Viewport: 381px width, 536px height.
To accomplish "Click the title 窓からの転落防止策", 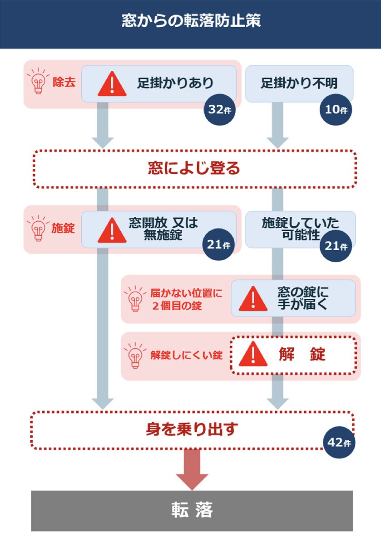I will pos(191,21).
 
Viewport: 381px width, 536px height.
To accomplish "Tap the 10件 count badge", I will pos(336,110).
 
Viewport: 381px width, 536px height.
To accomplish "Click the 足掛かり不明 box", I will pos(299,83).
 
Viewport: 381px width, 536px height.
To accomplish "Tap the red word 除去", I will pos(64,83).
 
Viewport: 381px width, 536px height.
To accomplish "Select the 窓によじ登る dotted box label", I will pos(194,169).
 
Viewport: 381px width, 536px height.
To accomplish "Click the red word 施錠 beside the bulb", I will pos(64,229).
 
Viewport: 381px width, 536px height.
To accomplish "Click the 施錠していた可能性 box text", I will pos(300,229).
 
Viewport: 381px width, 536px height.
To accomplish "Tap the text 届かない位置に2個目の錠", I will pos(186,299).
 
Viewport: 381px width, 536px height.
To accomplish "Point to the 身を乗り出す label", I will pos(192,429).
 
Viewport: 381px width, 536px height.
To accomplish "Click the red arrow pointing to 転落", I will pos(192,469).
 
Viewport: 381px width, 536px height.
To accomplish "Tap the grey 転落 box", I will pos(192,510).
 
